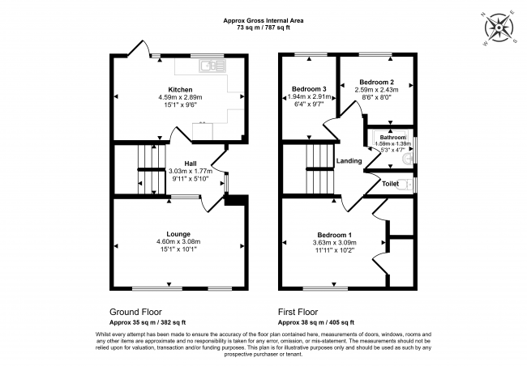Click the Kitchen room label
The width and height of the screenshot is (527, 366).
[180, 90]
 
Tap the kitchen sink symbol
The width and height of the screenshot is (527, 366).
[212, 66]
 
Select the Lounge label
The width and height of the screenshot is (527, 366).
[178, 234]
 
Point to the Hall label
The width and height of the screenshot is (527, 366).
[191, 164]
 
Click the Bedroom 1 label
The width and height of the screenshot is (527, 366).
[335, 235]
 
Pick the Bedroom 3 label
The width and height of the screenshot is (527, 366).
[309, 89]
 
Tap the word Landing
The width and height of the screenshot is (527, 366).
[349, 161]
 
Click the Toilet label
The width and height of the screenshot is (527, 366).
[390, 184]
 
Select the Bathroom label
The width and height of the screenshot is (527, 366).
[393, 138]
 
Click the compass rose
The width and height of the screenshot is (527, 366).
[499, 28]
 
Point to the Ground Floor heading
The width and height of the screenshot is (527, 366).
[135, 312]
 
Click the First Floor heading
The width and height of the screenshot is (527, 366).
[298, 312]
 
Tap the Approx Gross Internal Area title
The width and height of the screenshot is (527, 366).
[263, 20]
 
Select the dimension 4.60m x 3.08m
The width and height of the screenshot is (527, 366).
[178, 242]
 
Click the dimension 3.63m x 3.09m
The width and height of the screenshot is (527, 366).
[335, 242]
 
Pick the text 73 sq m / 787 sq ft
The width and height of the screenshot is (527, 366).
[263, 28]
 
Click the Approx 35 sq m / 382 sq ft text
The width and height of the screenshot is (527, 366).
[148, 322]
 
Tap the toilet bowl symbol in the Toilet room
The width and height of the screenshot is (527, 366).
[406, 185]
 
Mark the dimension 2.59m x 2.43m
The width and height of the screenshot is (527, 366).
[377, 90]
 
